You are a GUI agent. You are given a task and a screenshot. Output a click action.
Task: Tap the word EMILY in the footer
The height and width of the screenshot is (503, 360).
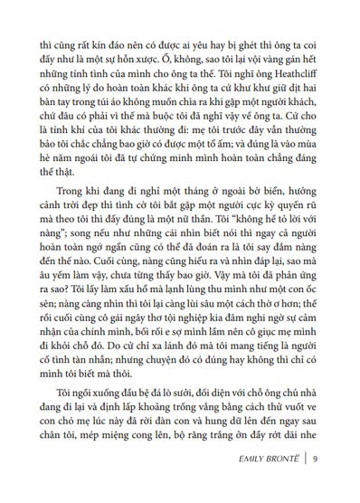[242, 483]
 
